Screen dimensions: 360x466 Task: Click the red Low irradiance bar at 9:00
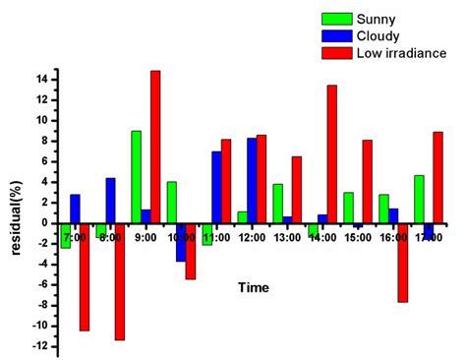click(x=155, y=147)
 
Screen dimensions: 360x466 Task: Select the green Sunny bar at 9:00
click(x=136, y=177)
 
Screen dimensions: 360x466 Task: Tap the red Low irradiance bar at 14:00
click(x=331, y=154)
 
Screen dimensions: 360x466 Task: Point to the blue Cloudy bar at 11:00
click(x=216, y=187)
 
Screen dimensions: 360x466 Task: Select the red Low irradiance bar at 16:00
click(x=402, y=263)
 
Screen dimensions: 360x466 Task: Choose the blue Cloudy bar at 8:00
click(x=111, y=201)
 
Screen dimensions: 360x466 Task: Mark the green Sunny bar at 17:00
click(x=419, y=199)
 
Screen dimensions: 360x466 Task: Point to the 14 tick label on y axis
click(x=41, y=79)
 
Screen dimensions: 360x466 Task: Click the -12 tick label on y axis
click(x=39, y=346)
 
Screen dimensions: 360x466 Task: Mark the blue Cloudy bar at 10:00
click(x=181, y=242)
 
